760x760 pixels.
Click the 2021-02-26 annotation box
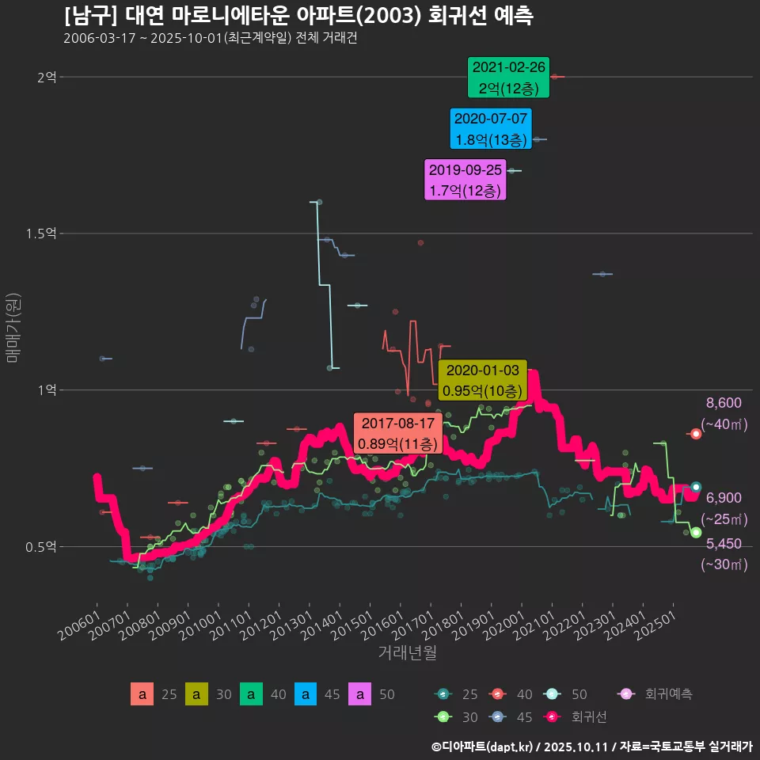[x=508, y=78]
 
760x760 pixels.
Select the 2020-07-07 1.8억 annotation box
[x=490, y=129]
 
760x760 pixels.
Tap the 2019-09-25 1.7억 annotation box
[x=465, y=180]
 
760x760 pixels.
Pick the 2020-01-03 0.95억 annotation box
[x=482, y=381]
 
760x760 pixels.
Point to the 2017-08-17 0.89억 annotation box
[x=397, y=433]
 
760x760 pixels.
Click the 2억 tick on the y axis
[x=47, y=77]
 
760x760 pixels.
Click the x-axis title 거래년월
[x=408, y=652]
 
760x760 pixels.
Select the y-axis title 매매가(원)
[x=13, y=327]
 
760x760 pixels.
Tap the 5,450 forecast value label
[x=724, y=544]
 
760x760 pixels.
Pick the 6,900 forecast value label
[x=724, y=498]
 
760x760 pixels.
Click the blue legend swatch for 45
[x=306, y=694]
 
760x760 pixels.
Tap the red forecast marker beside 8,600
[x=696, y=434]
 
